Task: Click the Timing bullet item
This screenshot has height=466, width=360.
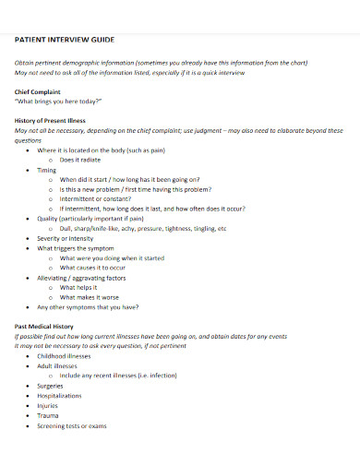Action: tap(46, 172)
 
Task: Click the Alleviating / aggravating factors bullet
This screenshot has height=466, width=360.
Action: tap(81, 276)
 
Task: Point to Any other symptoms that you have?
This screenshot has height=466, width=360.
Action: tap(88, 308)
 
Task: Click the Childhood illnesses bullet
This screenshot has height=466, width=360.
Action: tap(64, 356)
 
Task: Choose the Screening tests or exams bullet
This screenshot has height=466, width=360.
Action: tap(72, 426)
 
